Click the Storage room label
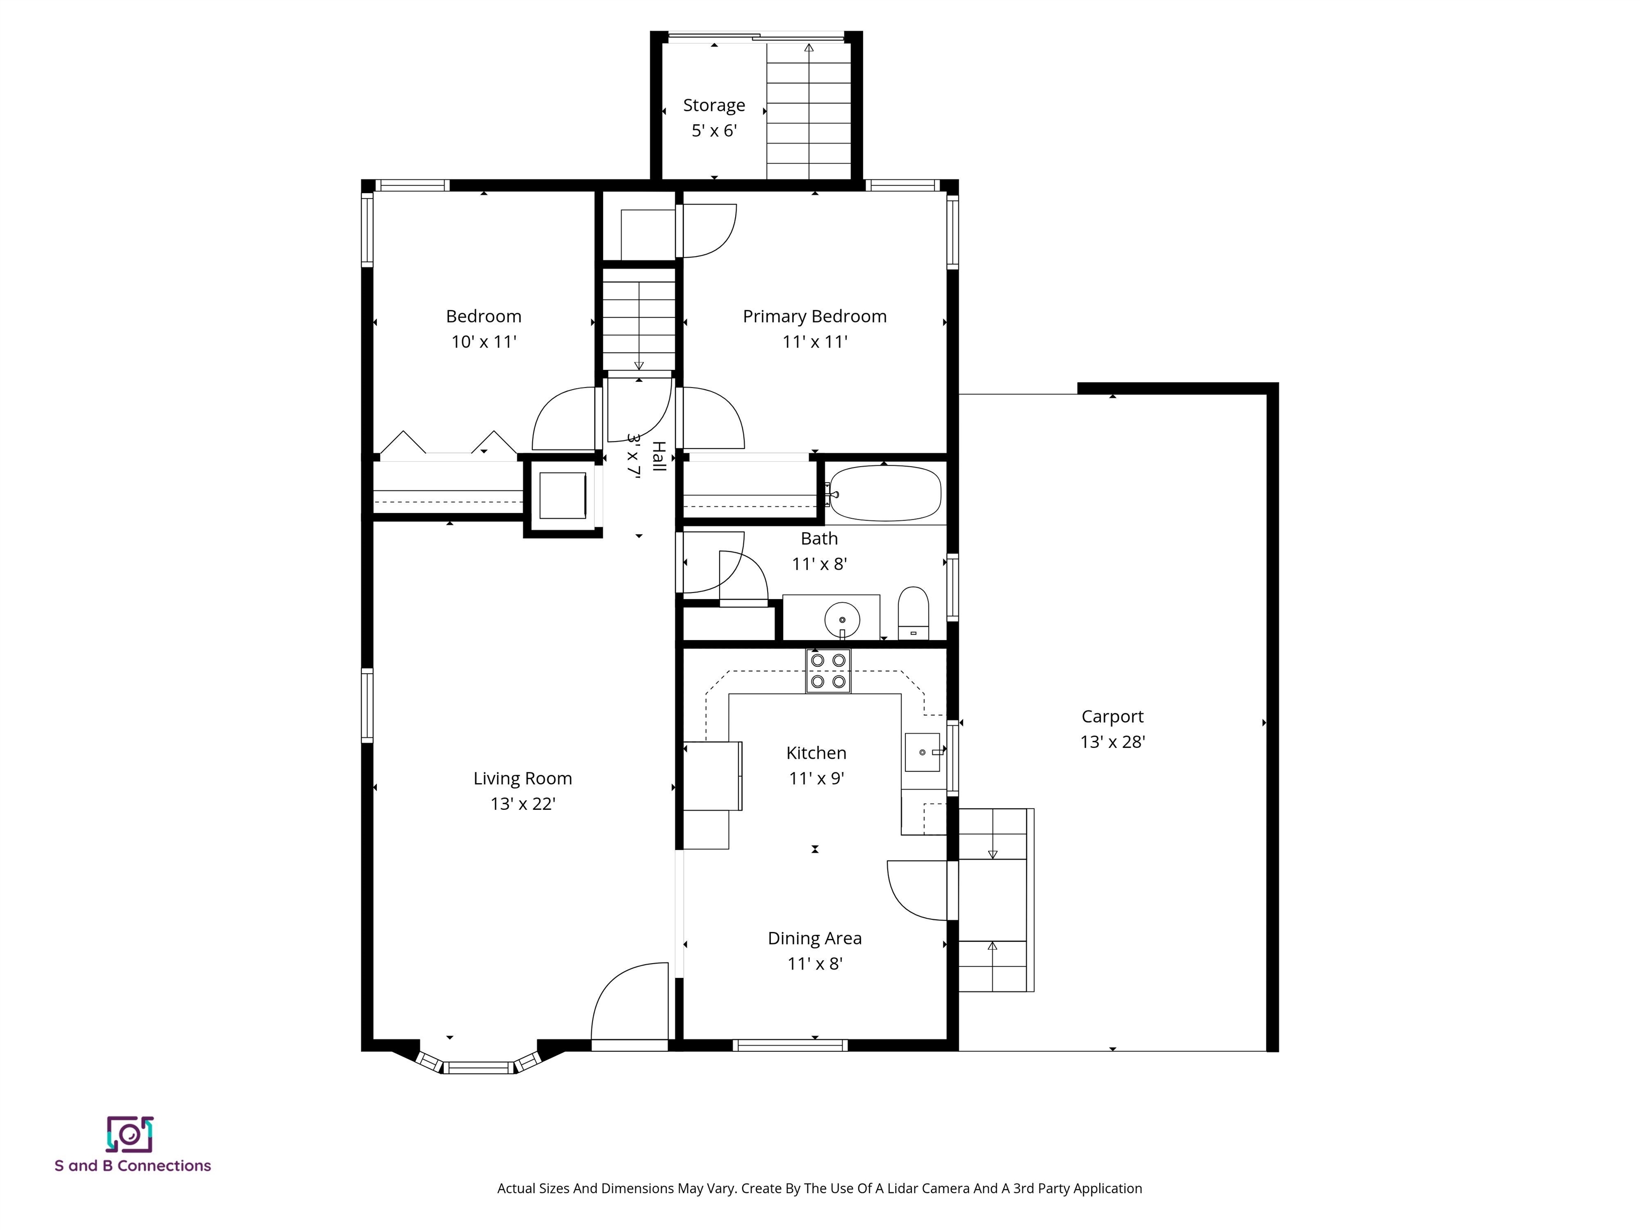tap(713, 105)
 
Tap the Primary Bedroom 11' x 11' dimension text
tap(814, 342)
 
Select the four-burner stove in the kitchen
tap(828, 671)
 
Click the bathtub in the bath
tap(885, 493)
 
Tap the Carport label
tap(1111, 716)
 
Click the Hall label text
tap(658, 456)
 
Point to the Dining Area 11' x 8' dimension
tap(814, 964)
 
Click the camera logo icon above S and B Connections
tap(130, 1134)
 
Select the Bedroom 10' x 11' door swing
tap(563, 419)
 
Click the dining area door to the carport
tap(918, 890)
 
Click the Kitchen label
tap(816, 753)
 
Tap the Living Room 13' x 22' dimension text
tap(523, 803)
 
